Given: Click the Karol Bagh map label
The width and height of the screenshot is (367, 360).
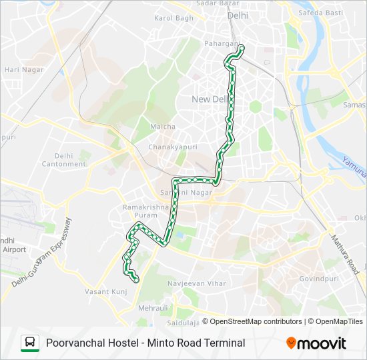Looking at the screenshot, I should [x=173, y=17].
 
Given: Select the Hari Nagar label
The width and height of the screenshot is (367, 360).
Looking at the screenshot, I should [x=24, y=69].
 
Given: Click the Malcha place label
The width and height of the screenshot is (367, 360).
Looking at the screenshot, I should [x=163, y=127].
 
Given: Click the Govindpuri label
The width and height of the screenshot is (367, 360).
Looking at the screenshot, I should [x=320, y=279].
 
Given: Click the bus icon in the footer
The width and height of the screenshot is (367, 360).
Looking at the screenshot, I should [x=29, y=343].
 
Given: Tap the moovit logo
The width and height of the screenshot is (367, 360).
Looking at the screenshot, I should [x=316, y=343].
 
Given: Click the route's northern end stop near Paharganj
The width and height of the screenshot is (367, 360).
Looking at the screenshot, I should [x=241, y=47].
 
